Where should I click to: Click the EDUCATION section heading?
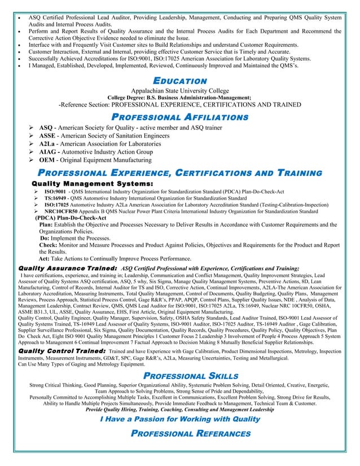click(180, 81)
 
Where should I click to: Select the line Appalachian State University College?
click(180, 90)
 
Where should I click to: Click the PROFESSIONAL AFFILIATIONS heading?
click(180, 117)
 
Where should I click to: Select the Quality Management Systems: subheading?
click(93, 183)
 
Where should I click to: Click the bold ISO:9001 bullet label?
click(55, 192)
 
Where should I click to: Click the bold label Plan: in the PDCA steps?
click(46, 224)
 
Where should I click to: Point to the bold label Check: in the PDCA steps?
click(48, 245)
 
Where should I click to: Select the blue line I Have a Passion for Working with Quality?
click(180, 419)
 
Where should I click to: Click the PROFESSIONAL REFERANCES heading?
click(191, 433)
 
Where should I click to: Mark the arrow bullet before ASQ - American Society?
click(32, 129)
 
